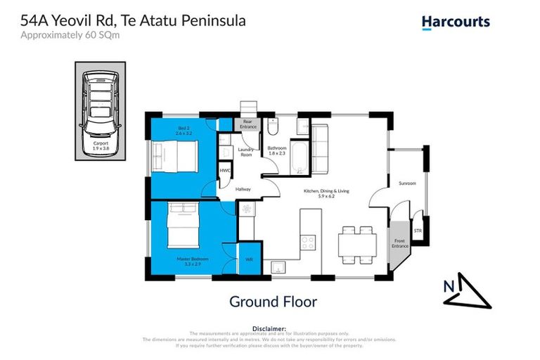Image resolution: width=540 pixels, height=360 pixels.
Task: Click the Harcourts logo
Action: (456, 22)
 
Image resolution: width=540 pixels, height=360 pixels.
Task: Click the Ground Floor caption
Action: (274, 302)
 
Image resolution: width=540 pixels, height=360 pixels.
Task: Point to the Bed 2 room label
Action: (184, 130)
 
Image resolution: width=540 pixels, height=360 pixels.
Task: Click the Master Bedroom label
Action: (181, 262)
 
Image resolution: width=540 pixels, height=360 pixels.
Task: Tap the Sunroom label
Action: (407, 184)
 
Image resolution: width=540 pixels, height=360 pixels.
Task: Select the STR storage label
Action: (418, 230)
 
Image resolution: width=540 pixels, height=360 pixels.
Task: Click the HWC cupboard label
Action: (225, 171)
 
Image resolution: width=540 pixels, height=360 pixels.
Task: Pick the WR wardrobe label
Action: (249, 259)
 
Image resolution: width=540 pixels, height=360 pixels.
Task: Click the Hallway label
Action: (243, 188)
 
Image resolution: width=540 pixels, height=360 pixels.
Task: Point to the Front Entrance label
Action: (399, 243)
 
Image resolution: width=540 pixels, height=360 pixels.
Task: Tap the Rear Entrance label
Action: (247, 124)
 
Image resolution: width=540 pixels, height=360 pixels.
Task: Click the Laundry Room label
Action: (246, 152)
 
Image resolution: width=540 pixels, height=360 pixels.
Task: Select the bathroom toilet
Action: (274, 127)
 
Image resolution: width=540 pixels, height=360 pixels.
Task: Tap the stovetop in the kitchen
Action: (308, 242)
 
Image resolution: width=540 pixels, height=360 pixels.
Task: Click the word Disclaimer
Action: (269, 328)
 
